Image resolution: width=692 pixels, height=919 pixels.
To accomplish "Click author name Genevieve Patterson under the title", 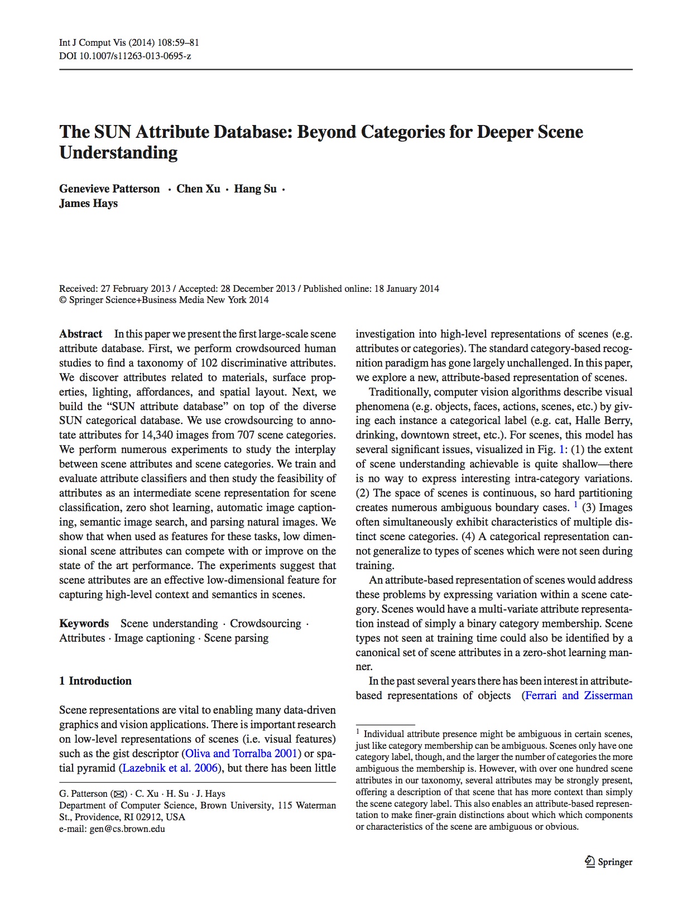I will pyautogui.click(x=109, y=189).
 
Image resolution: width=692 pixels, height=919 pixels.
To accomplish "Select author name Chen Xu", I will pyautogui.click(x=198, y=189).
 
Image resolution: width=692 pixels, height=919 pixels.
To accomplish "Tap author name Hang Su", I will pyautogui.click(x=255, y=189).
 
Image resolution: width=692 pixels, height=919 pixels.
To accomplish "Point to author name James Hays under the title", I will pyautogui.click(x=88, y=203).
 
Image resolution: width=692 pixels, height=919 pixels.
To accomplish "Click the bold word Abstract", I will pyautogui.click(x=81, y=334).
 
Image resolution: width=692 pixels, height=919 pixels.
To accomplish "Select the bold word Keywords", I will pyautogui.click(x=84, y=623).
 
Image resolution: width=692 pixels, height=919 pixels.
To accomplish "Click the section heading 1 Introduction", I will pyautogui.click(x=95, y=681).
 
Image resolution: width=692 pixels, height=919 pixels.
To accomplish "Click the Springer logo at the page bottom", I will pyautogui.click(x=608, y=862).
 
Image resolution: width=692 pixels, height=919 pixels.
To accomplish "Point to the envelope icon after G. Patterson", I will pyautogui.click(x=119, y=794).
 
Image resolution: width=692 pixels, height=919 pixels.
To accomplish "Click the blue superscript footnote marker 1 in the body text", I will pyautogui.click(x=575, y=506).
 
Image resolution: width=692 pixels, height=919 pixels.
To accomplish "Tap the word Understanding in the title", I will pyautogui.click(x=118, y=152).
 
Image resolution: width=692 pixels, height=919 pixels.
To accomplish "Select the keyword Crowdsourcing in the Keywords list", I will pyautogui.click(x=265, y=623).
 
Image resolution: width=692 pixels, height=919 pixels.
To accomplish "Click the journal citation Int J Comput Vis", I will pyautogui.click(x=93, y=42).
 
